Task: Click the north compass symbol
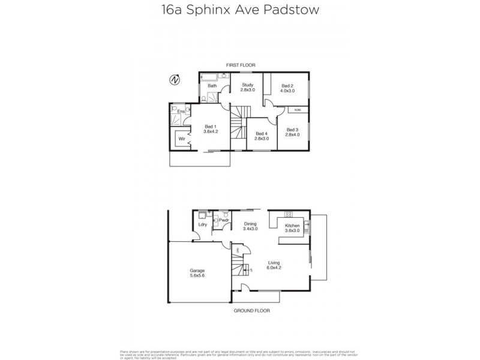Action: pyautogui.click(x=175, y=80)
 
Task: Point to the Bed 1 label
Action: pyautogui.click(x=209, y=126)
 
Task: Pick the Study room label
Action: pyautogui.click(x=248, y=85)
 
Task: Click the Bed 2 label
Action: pyautogui.click(x=287, y=85)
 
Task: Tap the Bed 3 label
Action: pyautogui.click(x=292, y=130)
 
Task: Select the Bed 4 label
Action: pyautogui.click(x=261, y=134)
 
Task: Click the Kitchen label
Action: pyautogui.click(x=292, y=226)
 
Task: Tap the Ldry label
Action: pyautogui.click(x=203, y=225)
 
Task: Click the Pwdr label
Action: pyautogui.click(x=224, y=221)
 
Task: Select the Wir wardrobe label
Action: pyautogui.click(x=181, y=139)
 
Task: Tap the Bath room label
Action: pyautogui.click(x=212, y=86)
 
